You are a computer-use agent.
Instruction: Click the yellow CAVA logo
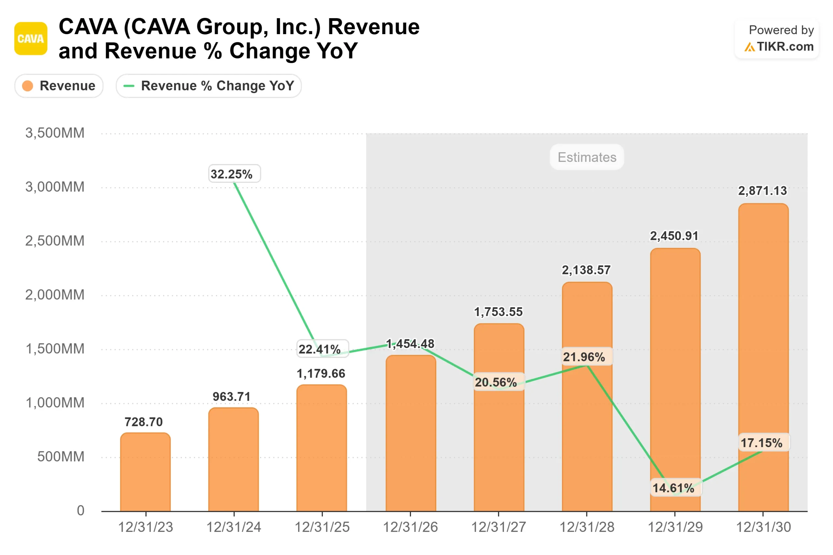coord(31,39)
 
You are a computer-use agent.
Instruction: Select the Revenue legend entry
coord(59,86)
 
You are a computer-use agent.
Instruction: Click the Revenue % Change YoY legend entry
coord(209,86)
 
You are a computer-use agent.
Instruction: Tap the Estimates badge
coord(587,157)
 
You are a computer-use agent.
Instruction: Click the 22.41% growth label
coord(322,349)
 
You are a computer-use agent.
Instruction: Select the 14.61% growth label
coord(676,488)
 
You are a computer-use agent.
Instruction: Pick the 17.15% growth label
coord(764,443)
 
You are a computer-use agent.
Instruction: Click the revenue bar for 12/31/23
coord(145,472)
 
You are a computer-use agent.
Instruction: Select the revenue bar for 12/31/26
coord(411,434)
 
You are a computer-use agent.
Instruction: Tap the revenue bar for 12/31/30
coord(763,358)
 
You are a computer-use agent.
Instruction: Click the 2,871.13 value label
coord(762,191)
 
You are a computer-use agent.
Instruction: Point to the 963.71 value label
coord(232,397)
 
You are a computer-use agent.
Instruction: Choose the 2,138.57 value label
coord(586,270)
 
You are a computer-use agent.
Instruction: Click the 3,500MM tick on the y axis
coord(55,133)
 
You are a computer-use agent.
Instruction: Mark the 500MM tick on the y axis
coord(61,456)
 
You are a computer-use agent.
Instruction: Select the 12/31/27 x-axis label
coord(499,527)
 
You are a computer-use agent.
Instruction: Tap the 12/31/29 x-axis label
coord(675,527)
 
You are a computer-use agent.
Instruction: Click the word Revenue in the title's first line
coord(374,27)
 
